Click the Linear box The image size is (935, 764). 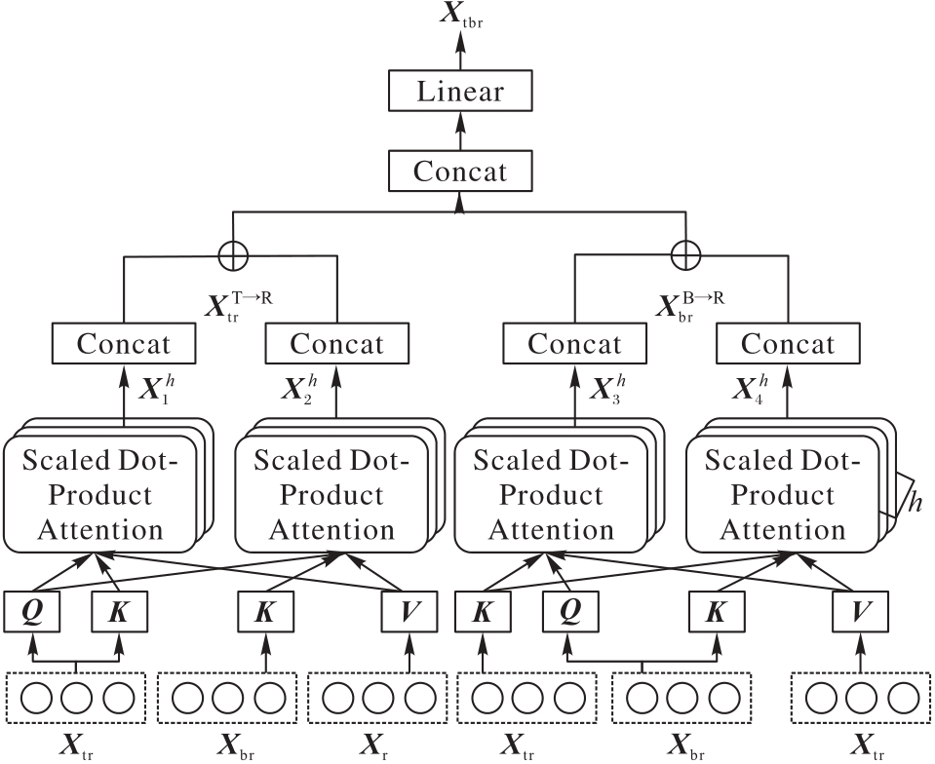pos(460,93)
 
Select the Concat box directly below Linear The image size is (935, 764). pos(460,172)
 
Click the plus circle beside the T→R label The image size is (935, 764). pos(234,253)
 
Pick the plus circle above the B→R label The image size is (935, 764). pos(687,253)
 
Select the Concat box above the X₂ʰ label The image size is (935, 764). pos(337,344)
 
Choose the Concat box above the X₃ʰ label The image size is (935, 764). pos(574,344)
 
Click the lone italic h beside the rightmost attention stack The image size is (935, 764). pos(916,504)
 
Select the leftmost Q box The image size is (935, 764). pos(32,611)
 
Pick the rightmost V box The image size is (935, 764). pos(858,611)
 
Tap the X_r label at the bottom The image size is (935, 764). pos(376,746)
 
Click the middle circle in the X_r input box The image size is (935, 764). pos(376,699)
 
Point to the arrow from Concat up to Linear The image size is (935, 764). pos(460,132)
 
